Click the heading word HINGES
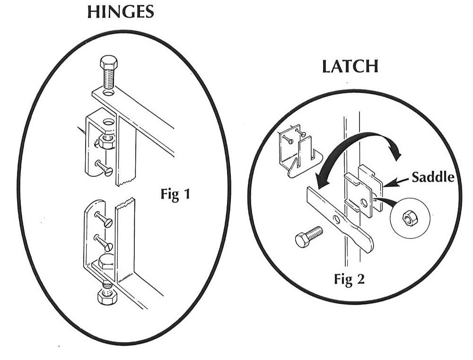[121, 12]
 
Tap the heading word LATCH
[350, 67]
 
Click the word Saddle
[433, 177]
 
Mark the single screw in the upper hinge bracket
[103, 167]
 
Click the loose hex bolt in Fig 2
[308, 236]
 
